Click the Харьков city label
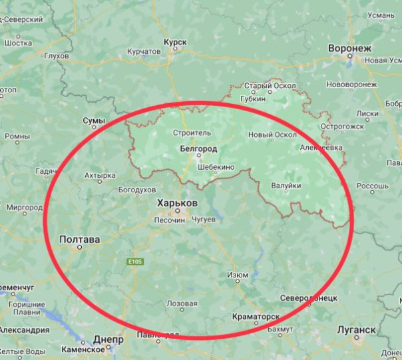click(176, 202)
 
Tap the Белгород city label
click(198, 149)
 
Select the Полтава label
click(80, 239)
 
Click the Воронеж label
click(349, 48)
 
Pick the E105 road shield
click(136, 262)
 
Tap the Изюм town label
click(238, 275)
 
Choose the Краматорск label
click(256, 317)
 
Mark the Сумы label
click(94, 120)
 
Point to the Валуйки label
click(286, 186)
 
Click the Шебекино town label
click(216, 167)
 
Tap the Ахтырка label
click(100, 176)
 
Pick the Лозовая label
click(182, 303)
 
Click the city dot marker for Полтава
click(79, 247)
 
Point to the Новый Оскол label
click(272, 134)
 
